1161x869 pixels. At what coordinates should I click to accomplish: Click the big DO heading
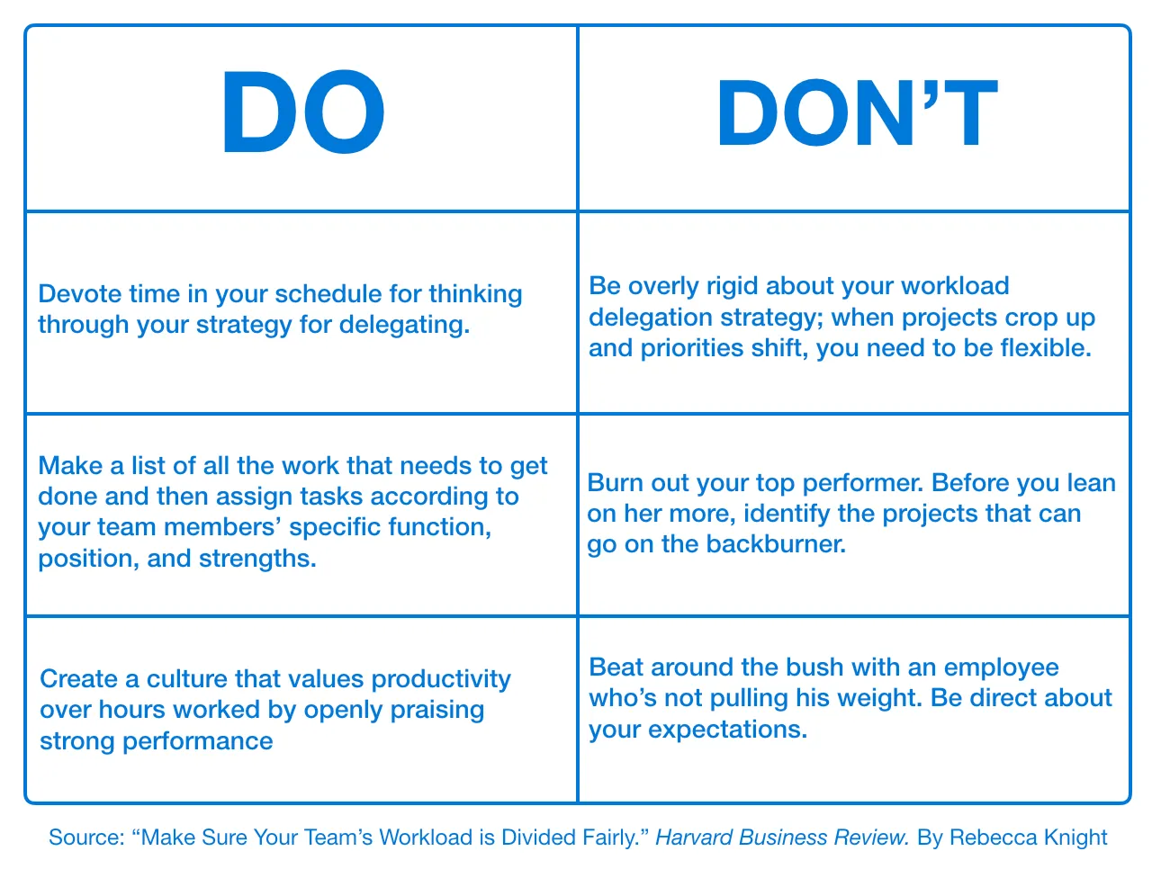click(303, 114)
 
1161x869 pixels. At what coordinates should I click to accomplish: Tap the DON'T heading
click(857, 114)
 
